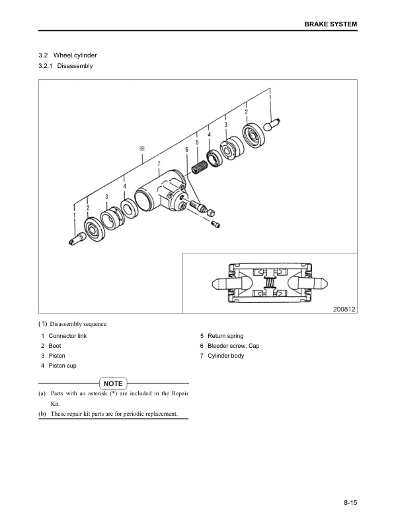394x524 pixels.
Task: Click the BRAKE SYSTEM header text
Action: point(330,24)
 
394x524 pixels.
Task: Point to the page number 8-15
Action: point(350,504)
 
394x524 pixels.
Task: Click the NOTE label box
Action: point(113,383)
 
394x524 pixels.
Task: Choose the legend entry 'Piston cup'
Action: point(62,366)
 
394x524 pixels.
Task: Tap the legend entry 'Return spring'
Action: point(225,336)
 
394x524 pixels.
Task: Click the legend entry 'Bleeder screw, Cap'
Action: point(233,346)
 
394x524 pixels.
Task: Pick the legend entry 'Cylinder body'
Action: point(225,356)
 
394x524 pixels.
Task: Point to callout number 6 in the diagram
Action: point(187,150)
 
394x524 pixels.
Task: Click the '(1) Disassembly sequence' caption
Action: point(73,324)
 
